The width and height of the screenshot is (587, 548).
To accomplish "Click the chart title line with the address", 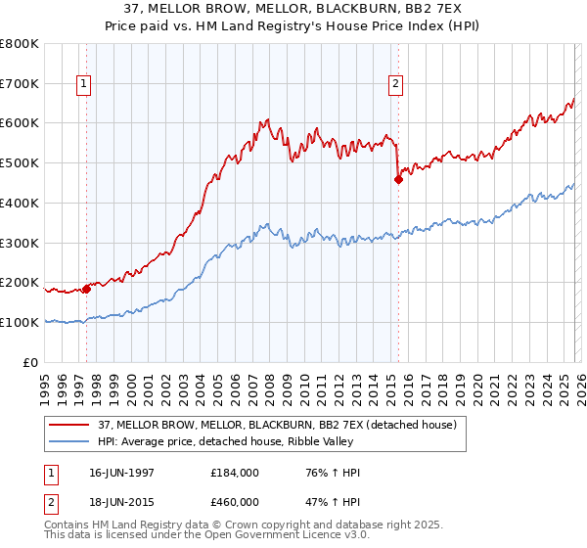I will [293, 9].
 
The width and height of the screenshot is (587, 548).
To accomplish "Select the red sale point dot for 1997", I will [86, 289].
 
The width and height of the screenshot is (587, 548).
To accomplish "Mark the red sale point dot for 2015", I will [398, 179].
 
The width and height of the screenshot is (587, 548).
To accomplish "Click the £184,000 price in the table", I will [235, 473].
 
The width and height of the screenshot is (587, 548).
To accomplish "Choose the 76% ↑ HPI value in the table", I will [327, 473].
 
